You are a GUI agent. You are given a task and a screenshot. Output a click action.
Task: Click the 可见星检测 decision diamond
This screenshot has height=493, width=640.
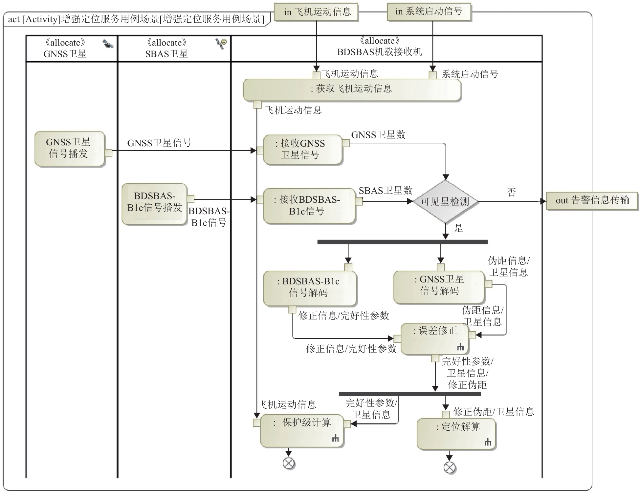[x=445, y=201]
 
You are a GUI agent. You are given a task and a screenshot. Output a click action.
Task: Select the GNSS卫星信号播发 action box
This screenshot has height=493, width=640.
[x=70, y=149]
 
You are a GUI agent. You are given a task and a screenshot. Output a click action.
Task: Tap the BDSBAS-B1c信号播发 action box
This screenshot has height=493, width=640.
[x=154, y=204]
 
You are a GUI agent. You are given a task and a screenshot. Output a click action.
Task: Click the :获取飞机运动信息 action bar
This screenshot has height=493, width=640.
[x=352, y=90]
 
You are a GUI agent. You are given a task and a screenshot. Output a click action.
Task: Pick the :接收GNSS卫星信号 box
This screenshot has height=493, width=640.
[x=302, y=150]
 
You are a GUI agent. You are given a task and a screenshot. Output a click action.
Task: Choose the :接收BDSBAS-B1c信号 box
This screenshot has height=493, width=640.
[x=309, y=206]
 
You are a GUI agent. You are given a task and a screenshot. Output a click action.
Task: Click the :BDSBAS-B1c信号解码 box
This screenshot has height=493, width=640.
[x=310, y=289]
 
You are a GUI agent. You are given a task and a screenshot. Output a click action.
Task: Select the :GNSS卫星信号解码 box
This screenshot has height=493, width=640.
[x=439, y=287]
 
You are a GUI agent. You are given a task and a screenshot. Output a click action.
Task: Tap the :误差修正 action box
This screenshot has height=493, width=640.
[x=434, y=339]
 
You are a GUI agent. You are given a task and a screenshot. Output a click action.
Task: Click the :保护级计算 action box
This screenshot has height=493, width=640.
[x=302, y=432]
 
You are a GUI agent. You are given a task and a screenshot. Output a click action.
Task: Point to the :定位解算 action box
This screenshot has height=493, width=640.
[x=456, y=434]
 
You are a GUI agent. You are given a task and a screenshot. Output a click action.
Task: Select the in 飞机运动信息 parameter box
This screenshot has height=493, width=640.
[x=316, y=12]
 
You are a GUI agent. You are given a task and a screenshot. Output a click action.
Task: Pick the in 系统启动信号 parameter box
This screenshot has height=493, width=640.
[x=429, y=12]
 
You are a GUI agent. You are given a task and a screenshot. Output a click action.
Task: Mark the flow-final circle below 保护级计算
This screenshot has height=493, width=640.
[x=289, y=463]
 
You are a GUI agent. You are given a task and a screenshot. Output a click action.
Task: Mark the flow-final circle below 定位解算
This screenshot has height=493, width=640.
[x=449, y=467]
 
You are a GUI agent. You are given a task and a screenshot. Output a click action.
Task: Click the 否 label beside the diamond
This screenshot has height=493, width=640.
[x=511, y=192]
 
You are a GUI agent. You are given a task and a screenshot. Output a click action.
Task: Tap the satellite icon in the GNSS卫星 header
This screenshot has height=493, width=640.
[x=108, y=44]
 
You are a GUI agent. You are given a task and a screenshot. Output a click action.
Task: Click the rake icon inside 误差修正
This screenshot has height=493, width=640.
[x=460, y=347]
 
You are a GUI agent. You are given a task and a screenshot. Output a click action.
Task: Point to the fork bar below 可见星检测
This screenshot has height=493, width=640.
[x=403, y=242]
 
